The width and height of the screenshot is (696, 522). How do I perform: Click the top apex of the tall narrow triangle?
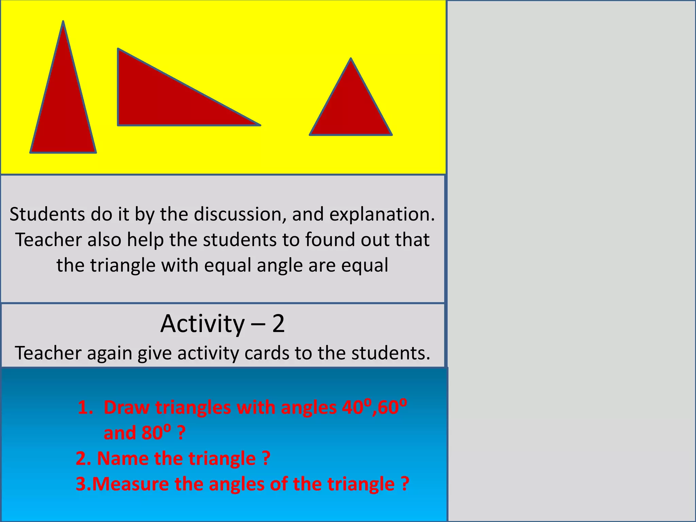(x=63, y=22)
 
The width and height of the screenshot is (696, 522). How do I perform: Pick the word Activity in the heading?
(x=203, y=324)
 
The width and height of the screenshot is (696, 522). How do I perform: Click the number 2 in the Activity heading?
(x=278, y=324)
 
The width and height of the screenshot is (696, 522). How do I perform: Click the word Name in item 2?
(x=123, y=458)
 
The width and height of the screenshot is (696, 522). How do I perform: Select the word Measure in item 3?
(x=130, y=484)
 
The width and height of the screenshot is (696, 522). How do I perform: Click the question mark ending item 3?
(x=404, y=484)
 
